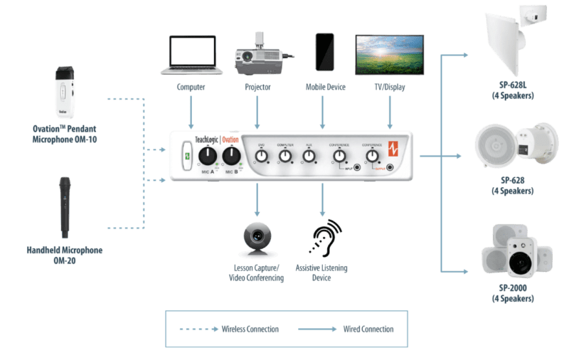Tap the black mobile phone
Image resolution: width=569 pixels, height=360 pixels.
click(324, 51)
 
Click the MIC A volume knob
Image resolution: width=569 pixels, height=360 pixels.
click(207, 157)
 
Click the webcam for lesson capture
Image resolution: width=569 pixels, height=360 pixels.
click(257, 238)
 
